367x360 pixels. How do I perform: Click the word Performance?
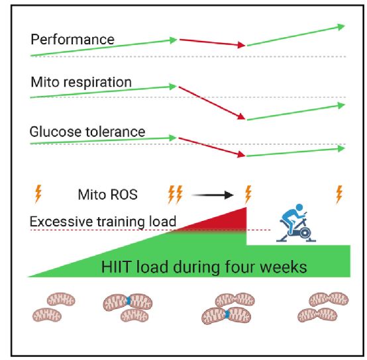point(73,39)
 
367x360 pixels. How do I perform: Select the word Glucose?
point(56,132)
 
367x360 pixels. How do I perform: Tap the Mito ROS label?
point(108,195)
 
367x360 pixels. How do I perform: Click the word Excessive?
point(62,222)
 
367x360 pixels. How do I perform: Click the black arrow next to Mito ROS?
point(213,195)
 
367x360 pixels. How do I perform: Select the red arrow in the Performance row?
point(212,42)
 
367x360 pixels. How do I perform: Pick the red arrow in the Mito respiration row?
point(212,103)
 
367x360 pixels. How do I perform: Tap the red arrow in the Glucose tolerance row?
point(212,148)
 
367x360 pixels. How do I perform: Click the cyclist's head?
point(299,207)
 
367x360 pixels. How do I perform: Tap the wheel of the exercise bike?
point(305,233)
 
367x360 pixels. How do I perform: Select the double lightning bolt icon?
point(176,195)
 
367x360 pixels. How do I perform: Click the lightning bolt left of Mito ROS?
point(38,194)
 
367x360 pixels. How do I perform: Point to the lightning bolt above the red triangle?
point(248,195)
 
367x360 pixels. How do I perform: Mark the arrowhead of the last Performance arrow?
point(341,26)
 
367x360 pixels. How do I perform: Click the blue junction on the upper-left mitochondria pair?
point(128,300)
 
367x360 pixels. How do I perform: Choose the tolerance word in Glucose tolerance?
point(116,132)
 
